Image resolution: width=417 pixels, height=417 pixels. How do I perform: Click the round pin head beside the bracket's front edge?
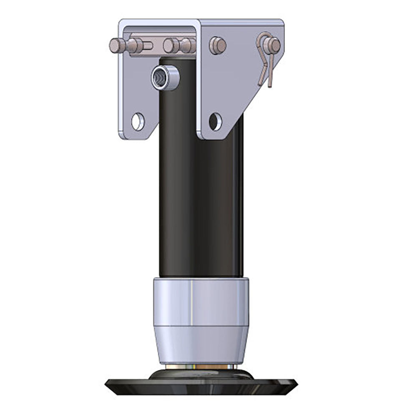217,45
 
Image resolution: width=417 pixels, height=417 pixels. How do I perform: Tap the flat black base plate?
200,386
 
